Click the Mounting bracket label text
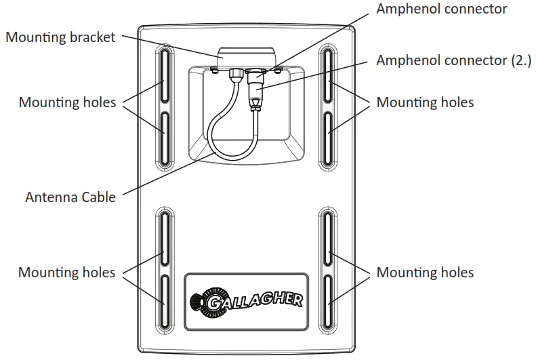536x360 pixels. (60, 37)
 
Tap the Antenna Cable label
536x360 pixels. (70, 197)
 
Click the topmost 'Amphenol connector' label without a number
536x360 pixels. (441, 9)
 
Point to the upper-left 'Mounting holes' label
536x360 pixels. (67, 102)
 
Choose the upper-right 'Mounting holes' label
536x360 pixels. (425, 102)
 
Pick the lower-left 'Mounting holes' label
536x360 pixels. (67, 273)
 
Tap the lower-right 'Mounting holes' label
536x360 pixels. (425, 273)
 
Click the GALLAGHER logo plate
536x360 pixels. (247, 299)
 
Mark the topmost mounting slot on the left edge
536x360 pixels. (165, 76)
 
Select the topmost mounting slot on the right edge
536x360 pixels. (328, 76)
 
